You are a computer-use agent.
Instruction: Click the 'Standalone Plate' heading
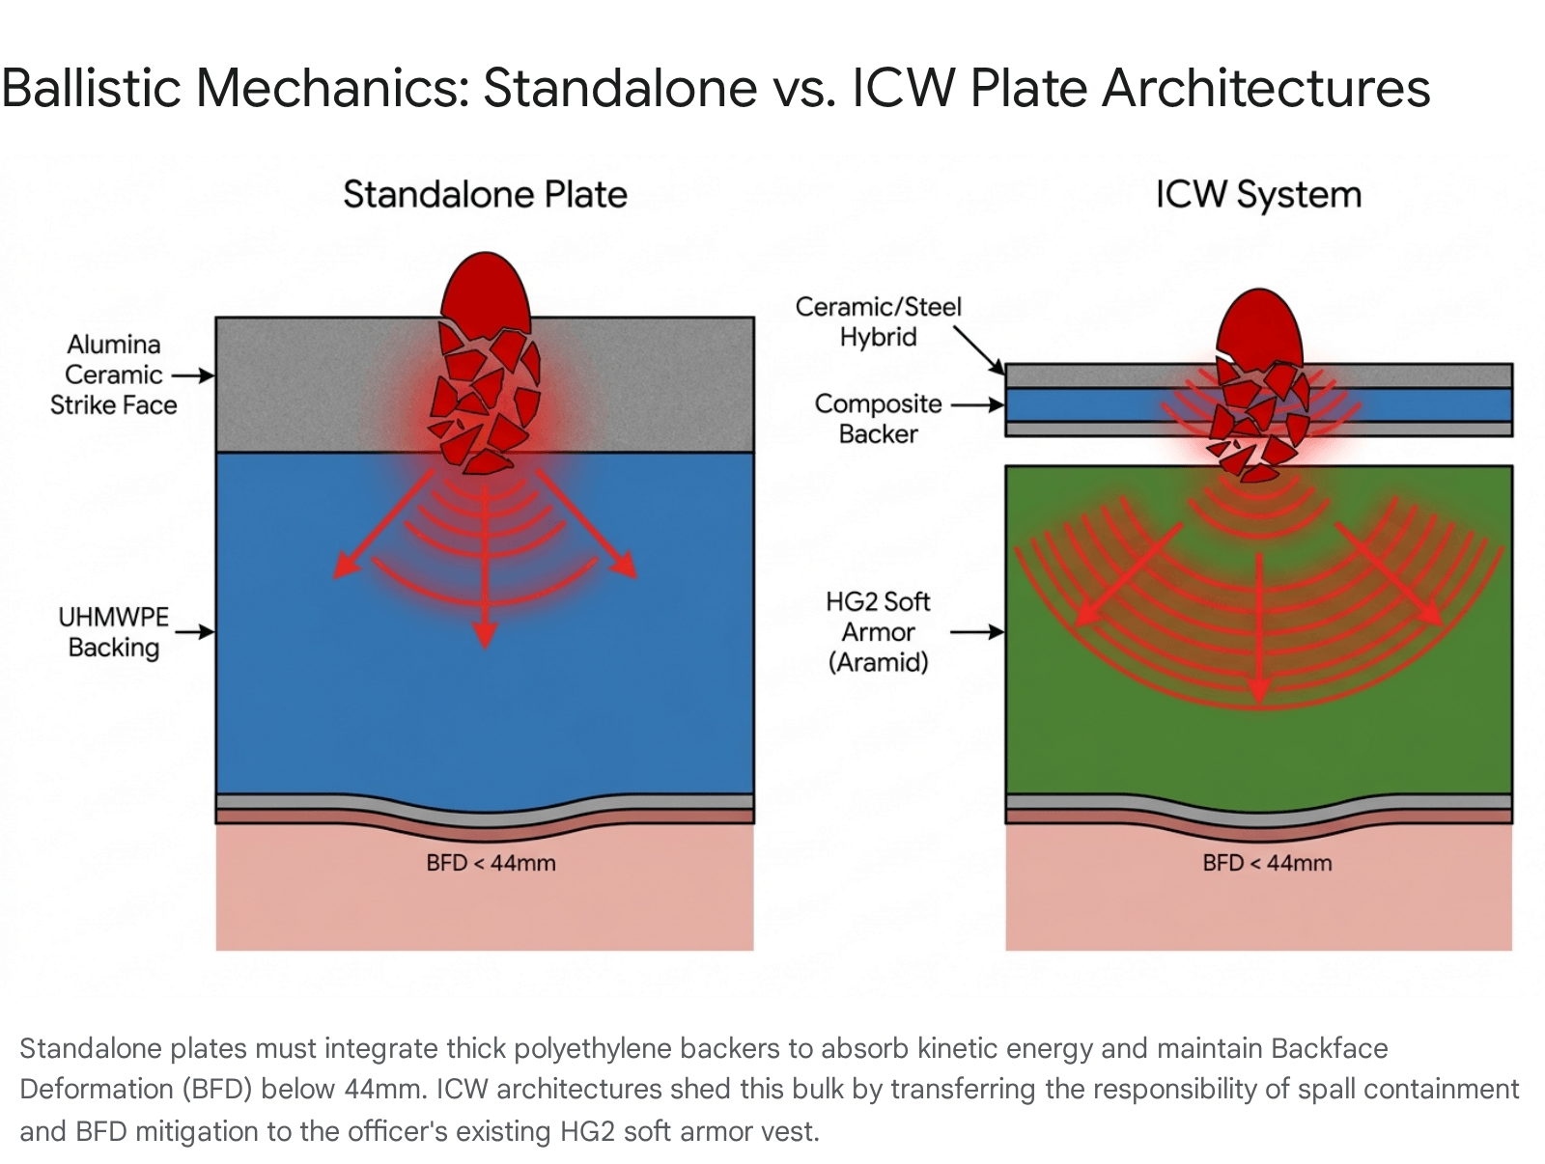pos(485,194)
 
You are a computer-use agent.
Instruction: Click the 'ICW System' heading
pos(1258,195)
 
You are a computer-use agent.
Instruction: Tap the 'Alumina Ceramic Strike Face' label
pos(113,374)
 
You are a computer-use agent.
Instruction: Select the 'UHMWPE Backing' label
pos(113,632)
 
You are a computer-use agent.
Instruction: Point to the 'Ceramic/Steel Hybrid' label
pos(879,322)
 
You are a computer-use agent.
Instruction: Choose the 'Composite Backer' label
pos(879,419)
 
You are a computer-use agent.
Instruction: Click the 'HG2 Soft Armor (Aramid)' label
pos(879,631)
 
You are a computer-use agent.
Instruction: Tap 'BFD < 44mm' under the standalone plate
pos(491,863)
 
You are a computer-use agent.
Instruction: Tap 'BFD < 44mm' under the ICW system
pos(1267,863)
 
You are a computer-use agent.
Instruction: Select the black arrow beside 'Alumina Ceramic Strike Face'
pos(193,375)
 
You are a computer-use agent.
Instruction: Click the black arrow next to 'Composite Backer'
pos(977,405)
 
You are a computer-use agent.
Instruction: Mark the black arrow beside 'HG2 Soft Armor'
pos(977,632)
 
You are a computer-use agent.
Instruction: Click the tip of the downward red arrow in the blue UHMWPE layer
pos(485,646)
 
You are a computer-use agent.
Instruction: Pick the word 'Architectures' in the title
pos(1266,89)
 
